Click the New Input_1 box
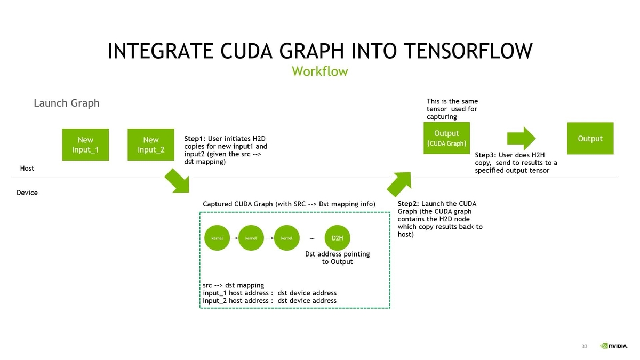pos(85,145)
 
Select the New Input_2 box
pos(151,145)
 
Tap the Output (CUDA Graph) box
pos(446,138)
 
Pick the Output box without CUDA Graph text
pos(590,139)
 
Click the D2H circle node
pos(337,238)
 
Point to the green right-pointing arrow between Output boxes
pos(521,138)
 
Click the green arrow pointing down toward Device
pos(177,181)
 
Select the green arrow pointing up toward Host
pos(398,184)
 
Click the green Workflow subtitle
pos(319,71)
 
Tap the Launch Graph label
pos(67,103)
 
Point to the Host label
pos(27,168)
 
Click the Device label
pos(27,193)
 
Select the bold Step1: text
pos(195,139)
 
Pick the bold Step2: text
pos(409,204)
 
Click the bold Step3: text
pos(486,155)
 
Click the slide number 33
pos(585,347)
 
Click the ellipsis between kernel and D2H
pos(312,238)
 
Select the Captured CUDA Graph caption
pos(289,204)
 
